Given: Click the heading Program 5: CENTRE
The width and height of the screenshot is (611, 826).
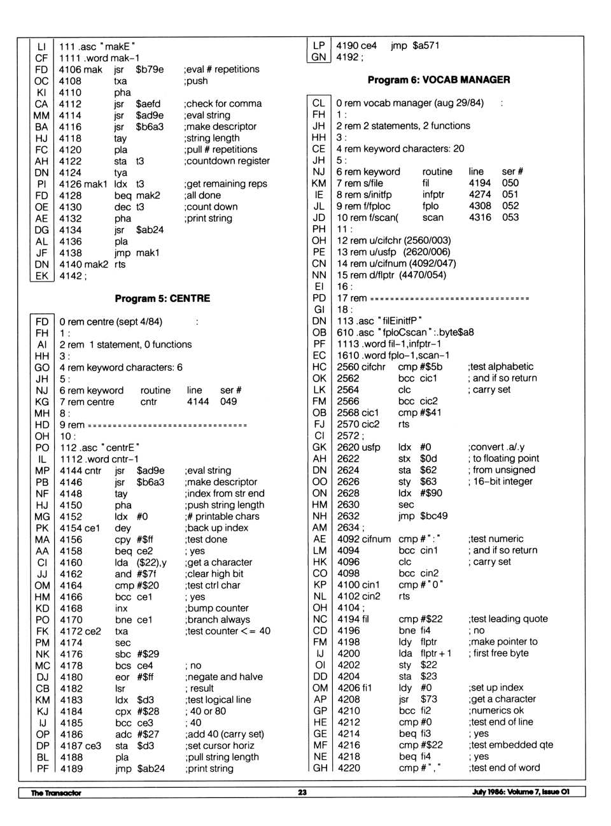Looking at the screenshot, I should [162, 298].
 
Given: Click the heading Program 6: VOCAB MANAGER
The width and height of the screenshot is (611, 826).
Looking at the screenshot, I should [439, 80].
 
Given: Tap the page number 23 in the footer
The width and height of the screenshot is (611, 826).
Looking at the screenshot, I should [302, 792].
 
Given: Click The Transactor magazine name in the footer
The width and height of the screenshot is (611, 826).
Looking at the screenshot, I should [56, 793].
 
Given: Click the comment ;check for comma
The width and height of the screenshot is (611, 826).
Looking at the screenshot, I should [223, 104].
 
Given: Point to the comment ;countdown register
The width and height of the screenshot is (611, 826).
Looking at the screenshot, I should [227, 161].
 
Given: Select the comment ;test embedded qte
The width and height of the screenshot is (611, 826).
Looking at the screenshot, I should [511, 744].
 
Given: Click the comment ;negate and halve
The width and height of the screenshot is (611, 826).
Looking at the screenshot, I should [224, 677].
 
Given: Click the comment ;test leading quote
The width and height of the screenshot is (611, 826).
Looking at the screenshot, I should [508, 618].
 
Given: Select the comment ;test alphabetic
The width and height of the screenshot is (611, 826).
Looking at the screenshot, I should [501, 366].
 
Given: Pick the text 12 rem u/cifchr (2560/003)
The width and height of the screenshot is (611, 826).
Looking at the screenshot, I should [393, 240].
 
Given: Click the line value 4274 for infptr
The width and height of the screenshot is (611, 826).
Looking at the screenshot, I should [480, 194].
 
